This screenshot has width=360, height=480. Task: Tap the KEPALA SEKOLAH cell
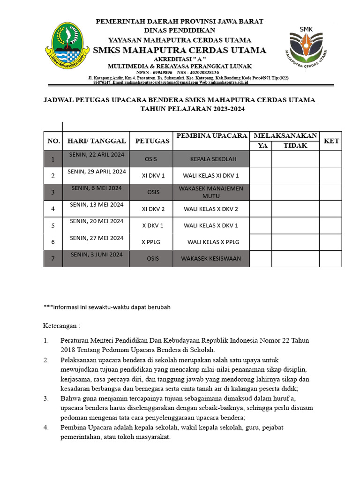[x=211, y=159]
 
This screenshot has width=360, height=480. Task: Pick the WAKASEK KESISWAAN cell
[x=211, y=258]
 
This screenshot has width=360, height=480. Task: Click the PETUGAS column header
[x=152, y=141]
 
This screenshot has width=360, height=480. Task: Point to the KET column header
[x=330, y=141]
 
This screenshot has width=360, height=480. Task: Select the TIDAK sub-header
[x=295, y=146]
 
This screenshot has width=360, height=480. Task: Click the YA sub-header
[x=263, y=146]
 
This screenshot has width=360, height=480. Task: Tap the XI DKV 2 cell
[x=153, y=209]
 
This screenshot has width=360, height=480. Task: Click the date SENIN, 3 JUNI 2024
[x=97, y=255]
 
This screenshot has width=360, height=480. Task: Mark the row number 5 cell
[x=53, y=225]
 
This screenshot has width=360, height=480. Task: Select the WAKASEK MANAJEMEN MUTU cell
[x=211, y=192]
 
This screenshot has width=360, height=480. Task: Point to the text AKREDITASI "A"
[x=180, y=59]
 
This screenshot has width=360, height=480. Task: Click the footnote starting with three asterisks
[x=107, y=307]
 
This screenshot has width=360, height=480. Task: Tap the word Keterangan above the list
[x=61, y=325]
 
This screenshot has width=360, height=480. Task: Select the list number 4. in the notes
[x=46, y=427]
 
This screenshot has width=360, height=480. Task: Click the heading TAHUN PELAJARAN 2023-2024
[x=193, y=109]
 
